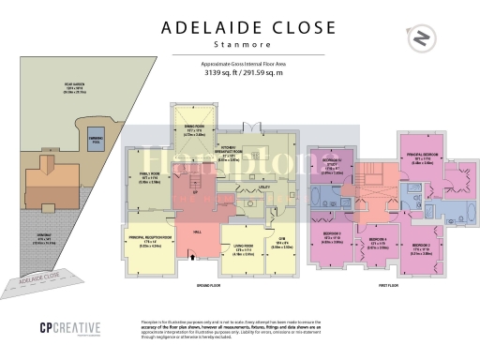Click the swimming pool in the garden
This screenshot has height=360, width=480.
(95, 148)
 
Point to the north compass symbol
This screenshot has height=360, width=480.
(422, 39)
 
